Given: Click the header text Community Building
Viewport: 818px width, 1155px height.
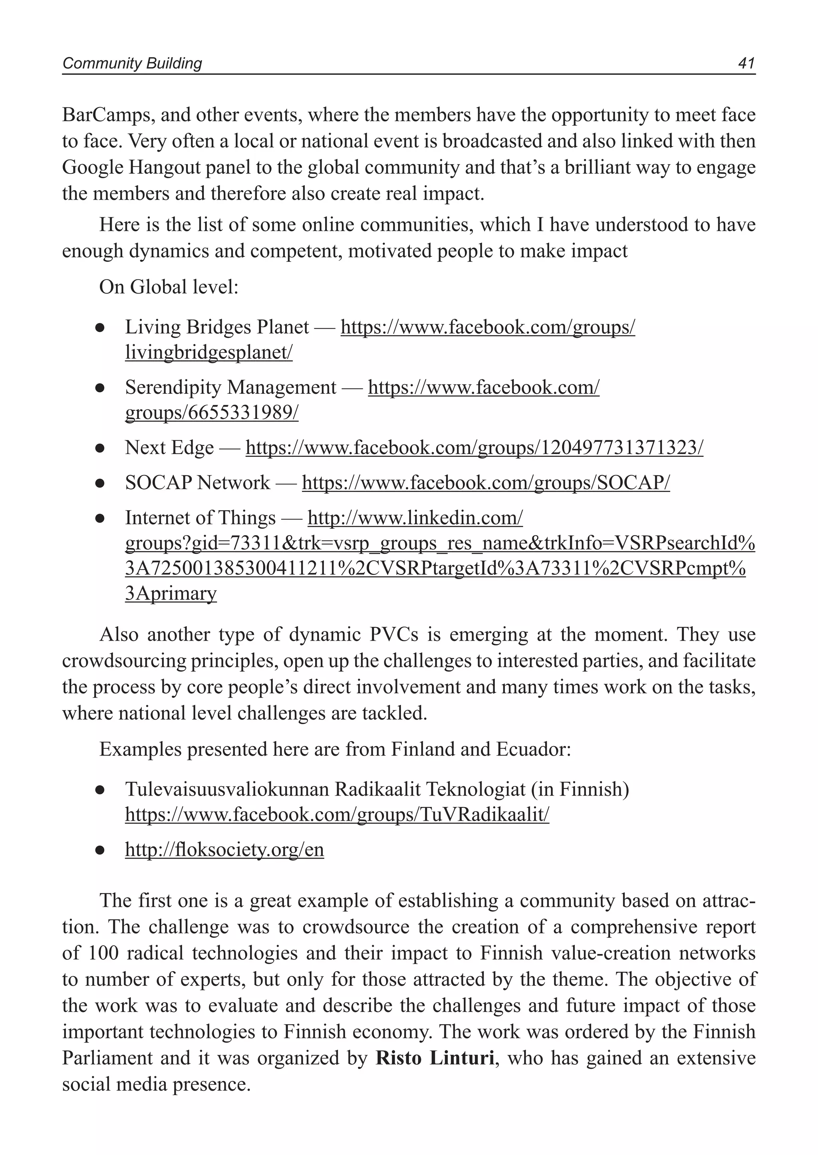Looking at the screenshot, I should (132, 64).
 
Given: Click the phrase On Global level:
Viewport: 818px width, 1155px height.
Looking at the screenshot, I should (168, 287).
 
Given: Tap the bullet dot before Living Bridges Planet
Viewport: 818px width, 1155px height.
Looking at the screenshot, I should (100, 328).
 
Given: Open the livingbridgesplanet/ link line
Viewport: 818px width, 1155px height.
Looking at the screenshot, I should (208, 353).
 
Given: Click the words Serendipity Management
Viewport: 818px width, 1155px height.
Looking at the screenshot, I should (230, 387).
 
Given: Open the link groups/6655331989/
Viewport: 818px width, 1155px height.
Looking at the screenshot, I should (212, 413).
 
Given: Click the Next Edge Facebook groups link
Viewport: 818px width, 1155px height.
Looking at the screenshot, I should (474, 448).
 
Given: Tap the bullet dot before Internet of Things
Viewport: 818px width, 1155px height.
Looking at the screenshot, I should (100, 518).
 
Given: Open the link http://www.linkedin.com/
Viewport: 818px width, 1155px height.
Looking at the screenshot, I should (415, 518).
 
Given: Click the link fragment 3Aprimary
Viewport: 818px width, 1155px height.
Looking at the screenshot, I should (171, 594).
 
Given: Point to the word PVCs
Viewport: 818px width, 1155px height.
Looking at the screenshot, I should (393, 635).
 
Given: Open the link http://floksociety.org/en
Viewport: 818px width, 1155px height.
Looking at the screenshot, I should (224, 850).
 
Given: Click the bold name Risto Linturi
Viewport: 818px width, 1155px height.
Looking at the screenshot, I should (435, 1058).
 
